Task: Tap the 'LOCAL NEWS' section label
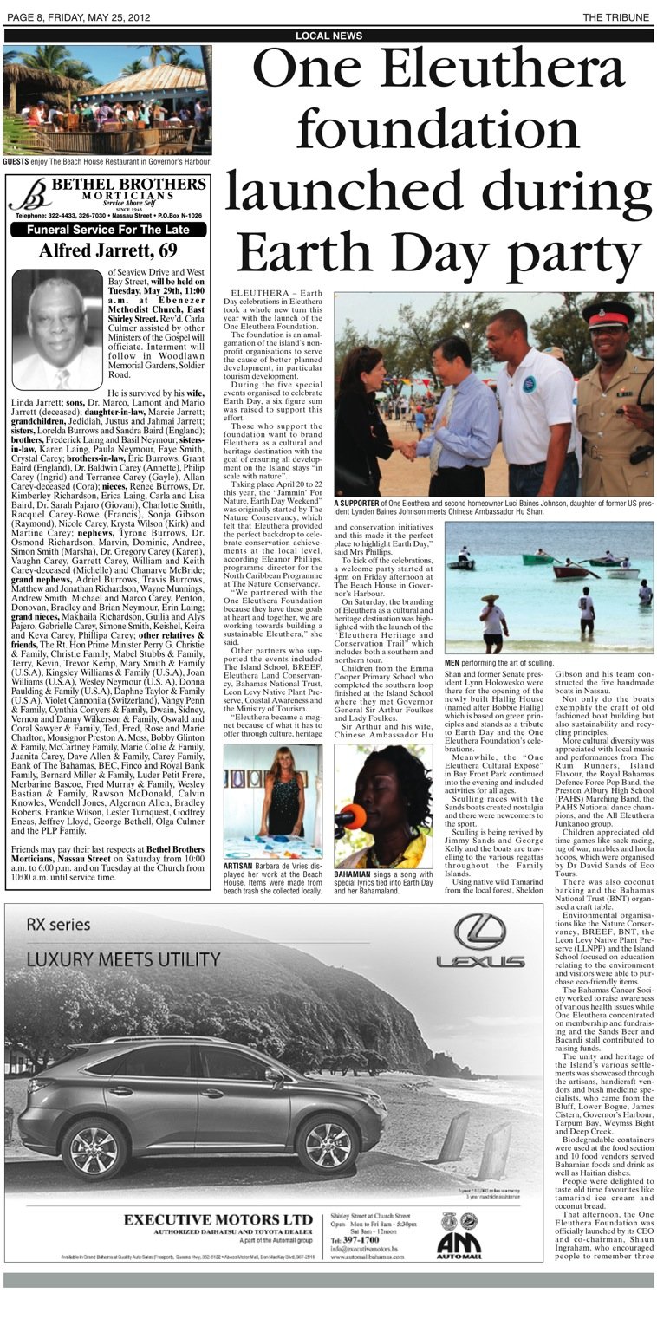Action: (x=328, y=36)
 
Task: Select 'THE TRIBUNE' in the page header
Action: (x=617, y=17)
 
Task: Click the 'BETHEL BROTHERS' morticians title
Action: (x=128, y=185)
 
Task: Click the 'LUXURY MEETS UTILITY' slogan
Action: (x=123, y=960)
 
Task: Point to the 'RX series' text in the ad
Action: (x=58, y=925)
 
